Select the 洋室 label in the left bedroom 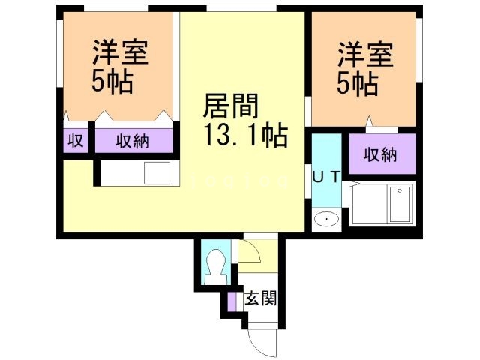pyautogui.click(x=119, y=53)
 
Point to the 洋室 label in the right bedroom pyautogui.click(x=364, y=57)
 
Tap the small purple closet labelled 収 pyautogui.click(x=76, y=140)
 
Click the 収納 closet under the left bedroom pyautogui.click(x=133, y=140)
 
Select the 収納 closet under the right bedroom pyautogui.click(x=380, y=155)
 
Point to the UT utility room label pyautogui.click(x=326, y=177)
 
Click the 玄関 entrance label pyautogui.click(x=262, y=298)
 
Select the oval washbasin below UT pyautogui.click(x=326, y=219)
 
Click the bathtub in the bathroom pyautogui.click(x=399, y=204)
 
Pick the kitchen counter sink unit pyautogui.click(x=139, y=174)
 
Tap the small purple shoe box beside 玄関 pyautogui.click(x=232, y=301)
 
